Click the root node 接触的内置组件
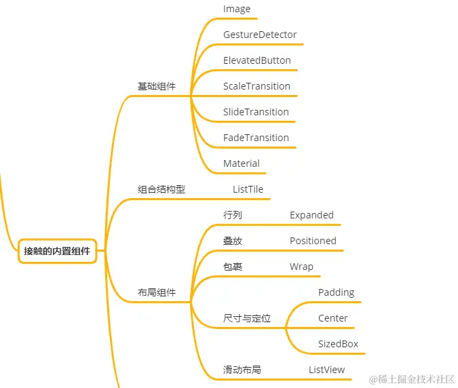pyautogui.click(x=57, y=251)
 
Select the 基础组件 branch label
pyautogui.click(x=156, y=86)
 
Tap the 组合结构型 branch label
pyautogui.click(x=161, y=189)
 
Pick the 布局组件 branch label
pyautogui.click(x=156, y=292)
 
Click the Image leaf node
pyautogui.click(x=237, y=9)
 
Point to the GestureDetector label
pyautogui.click(x=260, y=35)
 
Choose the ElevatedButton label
pyautogui.click(x=256, y=60)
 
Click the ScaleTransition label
pyautogui.click(x=256, y=86)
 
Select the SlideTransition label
pyautogui.click(x=256, y=112)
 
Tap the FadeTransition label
pyautogui.click(x=256, y=138)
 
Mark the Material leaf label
pyautogui.click(x=241, y=163)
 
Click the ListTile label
pyautogui.click(x=248, y=189)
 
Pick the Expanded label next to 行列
pyautogui.click(x=311, y=215)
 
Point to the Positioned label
pyautogui.click(x=313, y=241)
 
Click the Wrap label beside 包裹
pyautogui.click(x=301, y=267)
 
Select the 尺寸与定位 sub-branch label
pyautogui.click(x=247, y=318)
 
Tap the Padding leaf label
pyautogui.click(x=336, y=292)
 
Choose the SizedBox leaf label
pyautogui.click(x=338, y=344)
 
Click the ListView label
pyautogui.click(x=326, y=370)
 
